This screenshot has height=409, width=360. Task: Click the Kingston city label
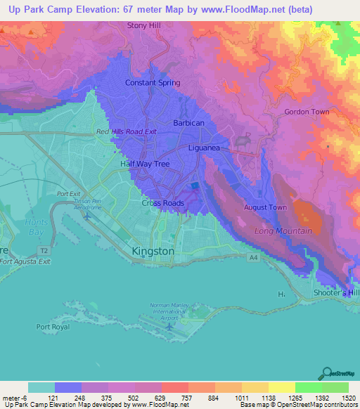click(x=153, y=251)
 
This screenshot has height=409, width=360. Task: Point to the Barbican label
click(x=188, y=123)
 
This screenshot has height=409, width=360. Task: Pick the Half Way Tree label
click(x=145, y=164)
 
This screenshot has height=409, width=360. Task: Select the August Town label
click(x=264, y=207)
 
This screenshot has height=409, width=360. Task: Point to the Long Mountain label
click(x=283, y=231)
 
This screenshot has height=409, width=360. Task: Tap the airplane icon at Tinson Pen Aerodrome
click(x=86, y=214)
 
